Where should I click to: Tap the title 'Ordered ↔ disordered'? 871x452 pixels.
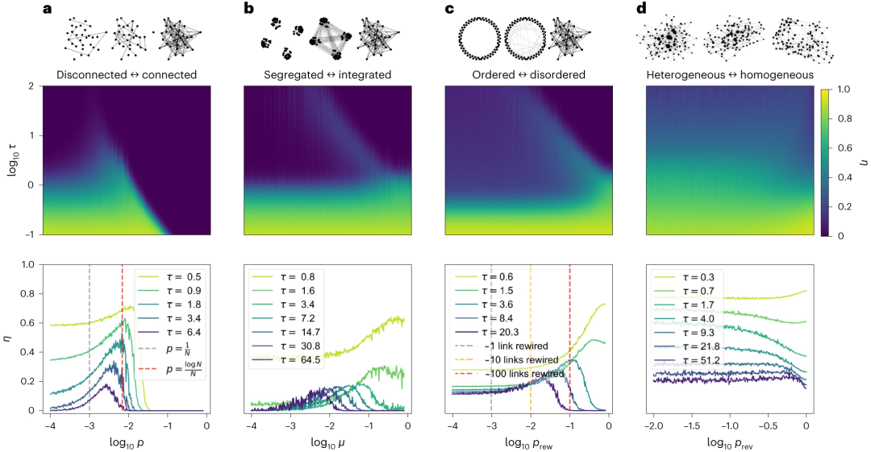click(529, 74)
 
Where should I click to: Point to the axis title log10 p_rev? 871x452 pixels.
click(730, 442)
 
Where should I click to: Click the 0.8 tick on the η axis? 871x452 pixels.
click(28, 293)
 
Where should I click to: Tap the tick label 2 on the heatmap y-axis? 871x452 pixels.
click(31, 85)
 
